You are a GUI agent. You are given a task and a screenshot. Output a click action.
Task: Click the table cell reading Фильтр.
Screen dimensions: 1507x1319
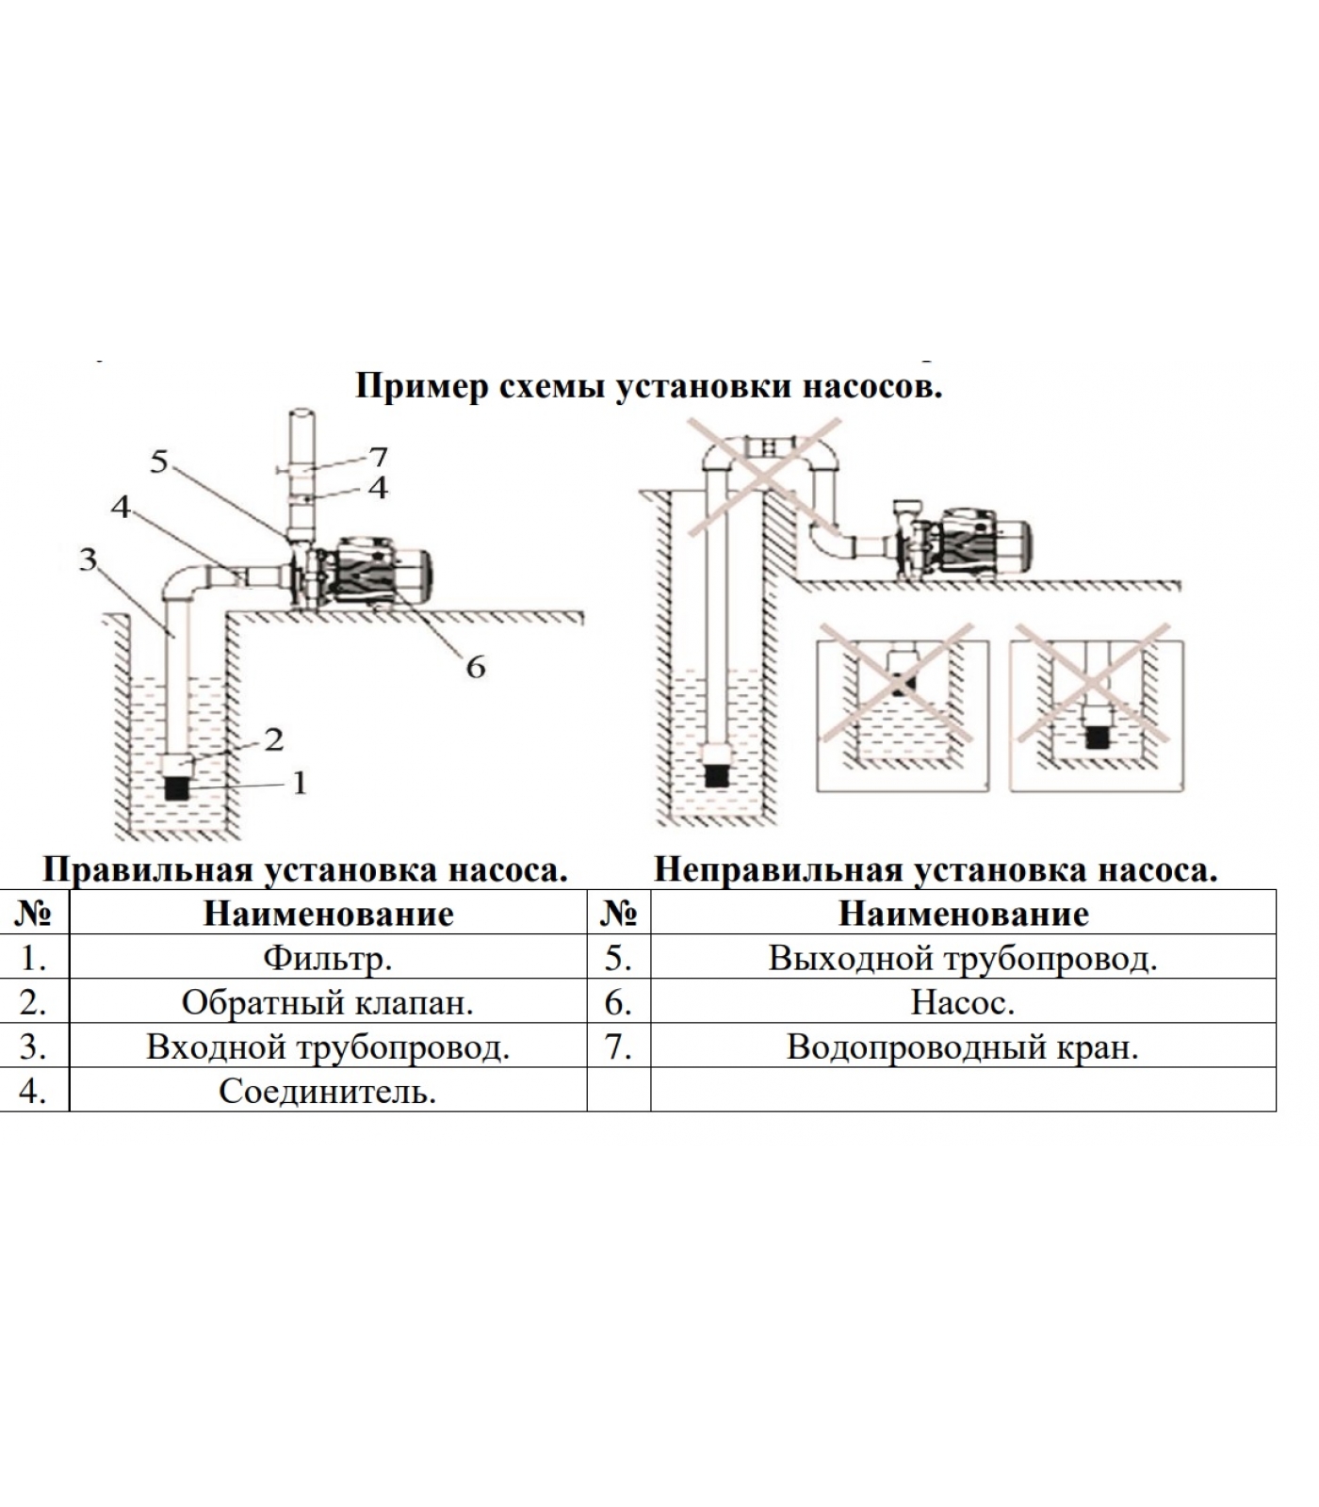327,958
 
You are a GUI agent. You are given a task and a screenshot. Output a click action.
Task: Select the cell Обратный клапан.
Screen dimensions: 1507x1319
327,1002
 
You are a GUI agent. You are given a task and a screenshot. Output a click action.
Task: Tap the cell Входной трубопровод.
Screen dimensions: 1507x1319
327,1046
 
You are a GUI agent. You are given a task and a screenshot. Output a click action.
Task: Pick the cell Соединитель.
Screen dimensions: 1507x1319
327,1091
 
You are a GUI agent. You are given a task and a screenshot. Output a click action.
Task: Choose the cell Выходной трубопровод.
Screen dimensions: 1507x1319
962,958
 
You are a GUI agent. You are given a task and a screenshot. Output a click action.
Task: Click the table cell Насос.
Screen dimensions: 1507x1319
962,1002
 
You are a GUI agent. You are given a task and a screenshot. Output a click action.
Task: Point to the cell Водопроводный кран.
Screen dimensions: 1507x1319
962,1046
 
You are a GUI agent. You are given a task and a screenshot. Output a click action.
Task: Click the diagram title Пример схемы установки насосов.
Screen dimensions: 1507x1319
648,386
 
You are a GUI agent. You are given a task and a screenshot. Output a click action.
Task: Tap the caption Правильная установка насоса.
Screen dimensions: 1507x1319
305,869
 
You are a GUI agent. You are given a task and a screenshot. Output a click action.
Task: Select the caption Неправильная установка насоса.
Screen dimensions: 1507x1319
935,869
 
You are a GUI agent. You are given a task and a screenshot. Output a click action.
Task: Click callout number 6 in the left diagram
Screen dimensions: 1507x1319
475,667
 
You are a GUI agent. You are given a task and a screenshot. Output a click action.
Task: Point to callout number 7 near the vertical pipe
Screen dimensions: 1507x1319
378,457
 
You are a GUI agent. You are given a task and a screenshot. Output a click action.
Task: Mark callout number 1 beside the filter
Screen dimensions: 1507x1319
300,783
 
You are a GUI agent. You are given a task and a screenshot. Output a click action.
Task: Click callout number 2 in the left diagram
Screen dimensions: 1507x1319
273,739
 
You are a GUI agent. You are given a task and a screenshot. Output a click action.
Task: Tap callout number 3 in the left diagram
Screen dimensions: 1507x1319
88,559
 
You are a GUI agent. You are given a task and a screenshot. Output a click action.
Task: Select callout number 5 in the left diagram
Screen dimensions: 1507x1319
159,462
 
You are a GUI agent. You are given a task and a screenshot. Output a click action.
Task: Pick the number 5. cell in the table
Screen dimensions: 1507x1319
618,958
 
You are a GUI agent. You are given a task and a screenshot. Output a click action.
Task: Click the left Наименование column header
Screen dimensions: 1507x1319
327,914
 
